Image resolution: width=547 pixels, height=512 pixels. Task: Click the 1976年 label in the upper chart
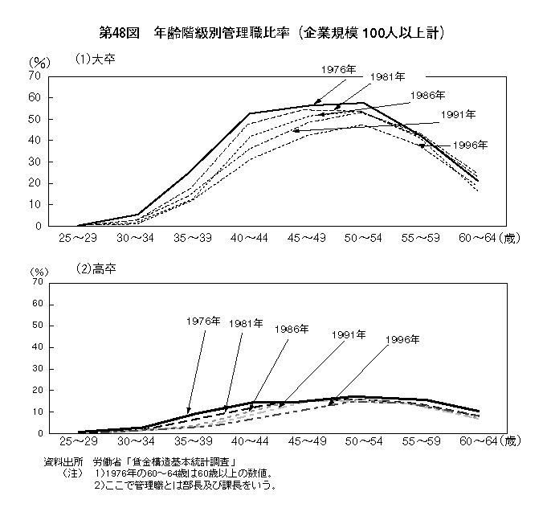[337, 70]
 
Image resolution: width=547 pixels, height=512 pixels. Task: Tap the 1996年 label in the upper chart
[470, 145]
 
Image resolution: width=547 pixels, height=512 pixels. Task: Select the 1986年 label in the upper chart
[427, 96]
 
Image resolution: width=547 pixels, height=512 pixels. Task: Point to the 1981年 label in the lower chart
[245, 323]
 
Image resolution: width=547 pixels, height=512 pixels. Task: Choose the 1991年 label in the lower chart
[349, 333]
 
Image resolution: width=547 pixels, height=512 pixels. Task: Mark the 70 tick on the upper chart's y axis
[35, 76]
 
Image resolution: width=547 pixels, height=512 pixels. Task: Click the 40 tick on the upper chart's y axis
[35, 140]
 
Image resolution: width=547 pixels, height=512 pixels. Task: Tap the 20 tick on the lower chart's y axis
[35, 391]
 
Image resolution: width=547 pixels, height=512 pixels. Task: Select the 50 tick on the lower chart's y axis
[35, 326]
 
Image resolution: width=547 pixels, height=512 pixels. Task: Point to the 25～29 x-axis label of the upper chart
[78, 239]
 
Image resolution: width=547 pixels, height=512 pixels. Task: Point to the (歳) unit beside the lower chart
[510, 442]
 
